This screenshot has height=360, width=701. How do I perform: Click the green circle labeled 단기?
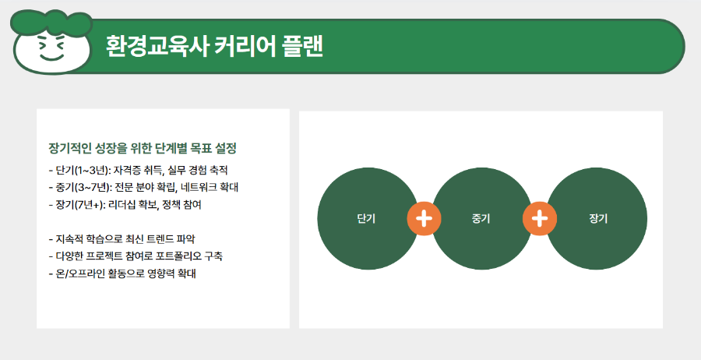click(x=366, y=219)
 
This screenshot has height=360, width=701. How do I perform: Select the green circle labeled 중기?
click(x=481, y=219)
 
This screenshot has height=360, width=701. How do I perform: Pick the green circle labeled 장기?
click(x=598, y=219)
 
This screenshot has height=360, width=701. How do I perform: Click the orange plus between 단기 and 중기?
click(x=424, y=219)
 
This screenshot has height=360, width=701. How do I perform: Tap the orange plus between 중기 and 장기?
click(x=540, y=219)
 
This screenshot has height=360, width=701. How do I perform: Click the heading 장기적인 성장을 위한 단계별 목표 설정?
click(x=142, y=148)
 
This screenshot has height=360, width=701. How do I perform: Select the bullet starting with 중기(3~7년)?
click(x=143, y=187)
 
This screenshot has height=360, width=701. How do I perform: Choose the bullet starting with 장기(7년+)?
click(x=129, y=204)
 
